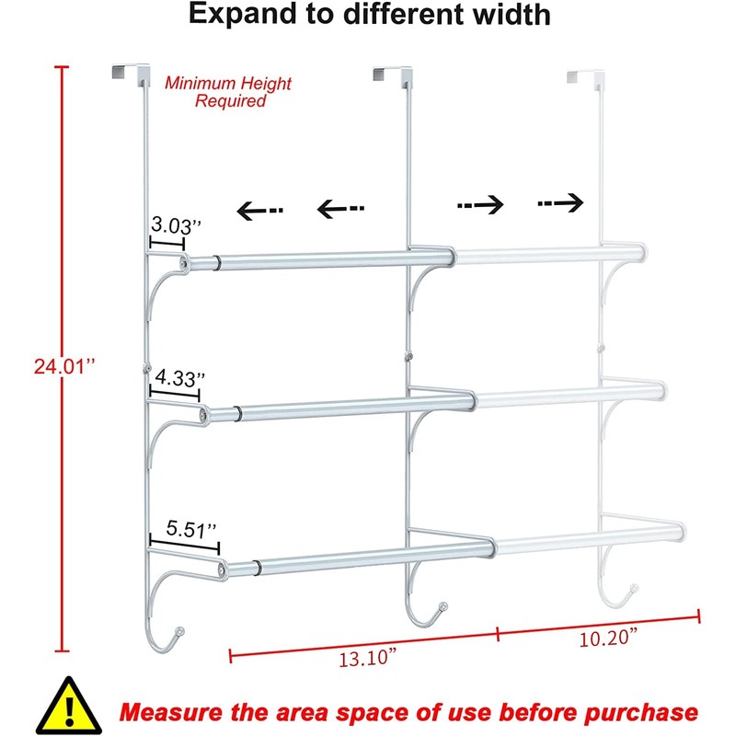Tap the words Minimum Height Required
(x=228, y=92)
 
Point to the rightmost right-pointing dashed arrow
(x=562, y=202)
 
